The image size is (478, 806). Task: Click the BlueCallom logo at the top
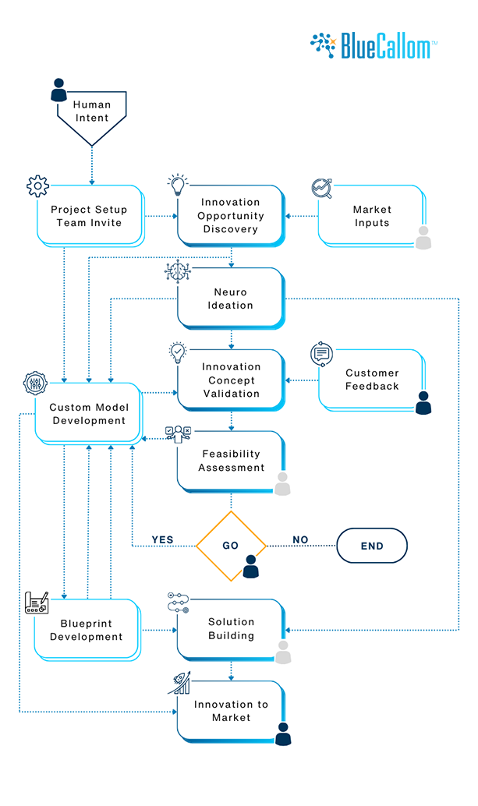point(373,46)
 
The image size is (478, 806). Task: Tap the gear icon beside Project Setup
point(37,186)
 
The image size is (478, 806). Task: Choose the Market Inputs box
point(371,216)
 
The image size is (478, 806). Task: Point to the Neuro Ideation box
point(231,298)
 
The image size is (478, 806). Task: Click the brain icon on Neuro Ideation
point(177,270)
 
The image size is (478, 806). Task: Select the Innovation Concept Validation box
point(231,380)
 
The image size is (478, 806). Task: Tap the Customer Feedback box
point(371,380)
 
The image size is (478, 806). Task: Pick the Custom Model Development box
point(87,414)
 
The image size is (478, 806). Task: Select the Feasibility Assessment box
point(231,461)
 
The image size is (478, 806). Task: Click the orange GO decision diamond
point(231,546)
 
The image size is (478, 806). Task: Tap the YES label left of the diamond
point(162,540)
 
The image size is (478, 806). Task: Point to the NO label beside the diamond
point(300,540)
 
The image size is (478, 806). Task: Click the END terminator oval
point(372,546)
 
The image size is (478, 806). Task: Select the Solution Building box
point(231,628)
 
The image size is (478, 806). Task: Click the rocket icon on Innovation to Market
point(179,684)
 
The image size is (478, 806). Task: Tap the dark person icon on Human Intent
point(59,90)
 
